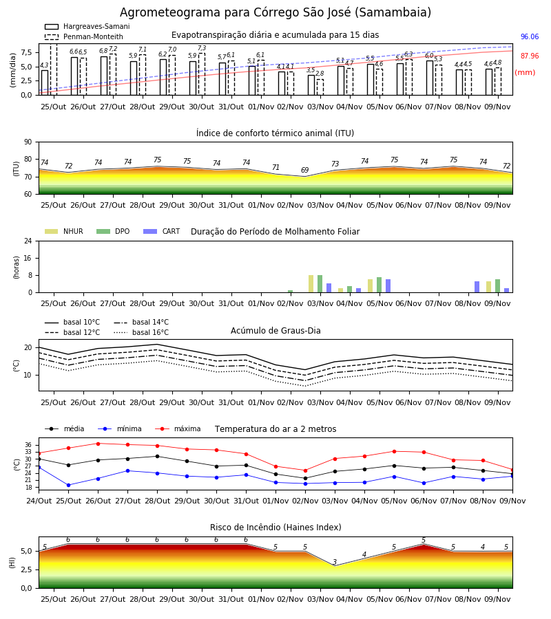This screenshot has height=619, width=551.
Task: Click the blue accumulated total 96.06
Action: (529, 36)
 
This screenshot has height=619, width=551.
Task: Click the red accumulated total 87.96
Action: (529, 56)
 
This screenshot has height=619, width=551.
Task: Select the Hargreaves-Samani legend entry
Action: (87, 26)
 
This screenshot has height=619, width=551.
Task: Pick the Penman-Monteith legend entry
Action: (84, 36)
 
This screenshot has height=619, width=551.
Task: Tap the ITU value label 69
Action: (304, 170)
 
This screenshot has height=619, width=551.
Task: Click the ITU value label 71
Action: (275, 167)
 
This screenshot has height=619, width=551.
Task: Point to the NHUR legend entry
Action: (64, 231)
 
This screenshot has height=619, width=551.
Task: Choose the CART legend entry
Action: (162, 231)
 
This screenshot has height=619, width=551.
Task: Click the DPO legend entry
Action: (113, 231)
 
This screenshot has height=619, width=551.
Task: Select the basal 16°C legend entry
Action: (141, 332)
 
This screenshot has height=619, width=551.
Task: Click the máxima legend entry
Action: (178, 428)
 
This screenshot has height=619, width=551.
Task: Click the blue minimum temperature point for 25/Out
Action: (68, 485)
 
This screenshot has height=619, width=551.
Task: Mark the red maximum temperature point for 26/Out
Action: (98, 444)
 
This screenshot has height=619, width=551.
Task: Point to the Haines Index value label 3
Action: (335, 562)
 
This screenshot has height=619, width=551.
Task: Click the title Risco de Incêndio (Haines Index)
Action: (275, 528)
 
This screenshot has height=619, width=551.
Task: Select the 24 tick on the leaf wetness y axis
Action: (28, 241)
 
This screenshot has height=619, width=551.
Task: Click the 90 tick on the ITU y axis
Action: (28, 142)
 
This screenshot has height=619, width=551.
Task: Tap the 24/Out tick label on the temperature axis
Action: (39, 501)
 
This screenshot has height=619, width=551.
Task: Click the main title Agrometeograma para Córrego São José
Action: (275, 12)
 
